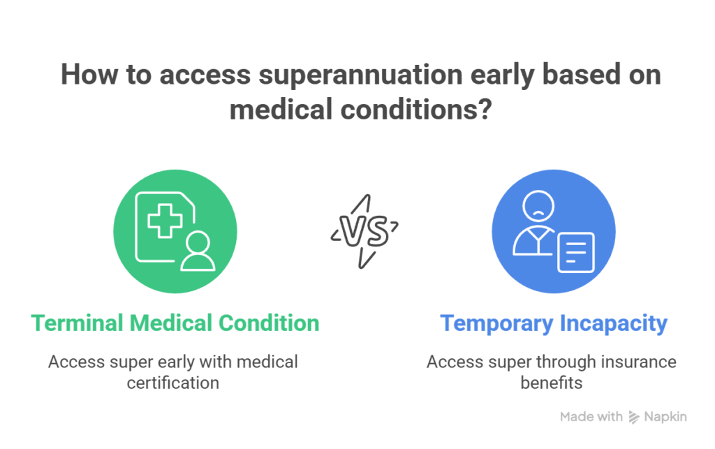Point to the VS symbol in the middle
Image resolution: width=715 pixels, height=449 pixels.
coord(364,230)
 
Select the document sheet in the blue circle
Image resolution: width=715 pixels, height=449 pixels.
coord(575,252)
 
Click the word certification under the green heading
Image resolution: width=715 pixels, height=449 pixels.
coord(172,383)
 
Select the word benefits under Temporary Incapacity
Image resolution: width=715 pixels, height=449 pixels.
coord(552,383)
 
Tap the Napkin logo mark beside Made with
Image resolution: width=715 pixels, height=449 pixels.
coord(635,417)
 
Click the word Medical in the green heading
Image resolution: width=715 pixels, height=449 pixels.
coord(170,323)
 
